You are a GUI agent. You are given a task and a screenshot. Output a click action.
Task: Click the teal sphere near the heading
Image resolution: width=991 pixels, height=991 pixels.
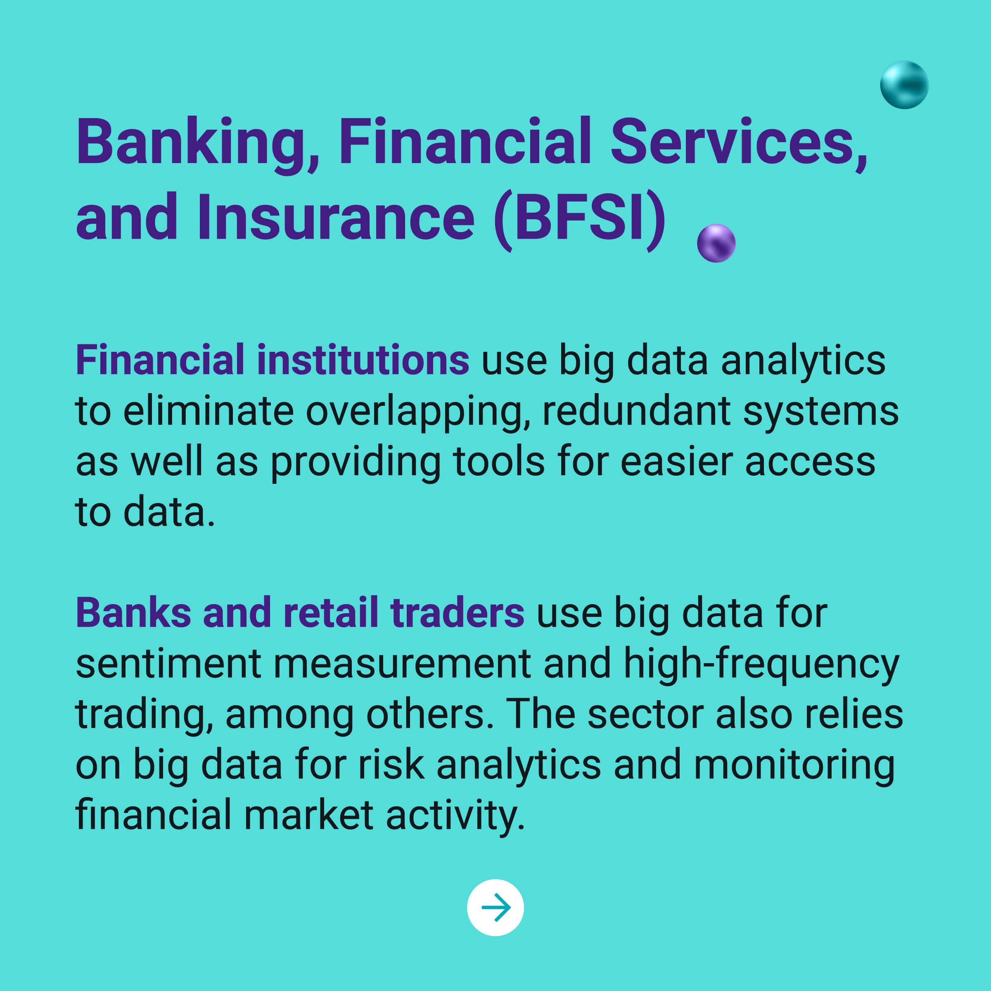coord(904,85)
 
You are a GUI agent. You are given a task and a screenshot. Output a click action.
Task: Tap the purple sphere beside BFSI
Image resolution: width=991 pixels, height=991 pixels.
coord(716,243)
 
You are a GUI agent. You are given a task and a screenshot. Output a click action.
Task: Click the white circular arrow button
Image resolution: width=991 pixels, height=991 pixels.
coord(495,908)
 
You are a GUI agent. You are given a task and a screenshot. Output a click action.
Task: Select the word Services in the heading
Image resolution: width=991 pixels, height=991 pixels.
coord(739,142)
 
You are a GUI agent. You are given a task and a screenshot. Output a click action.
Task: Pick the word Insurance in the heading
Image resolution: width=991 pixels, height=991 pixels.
coord(336,217)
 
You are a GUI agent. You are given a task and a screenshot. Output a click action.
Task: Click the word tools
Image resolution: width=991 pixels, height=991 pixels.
coord(498,462)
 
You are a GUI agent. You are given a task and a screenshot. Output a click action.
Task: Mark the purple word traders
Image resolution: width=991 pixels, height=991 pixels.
coord(457,612)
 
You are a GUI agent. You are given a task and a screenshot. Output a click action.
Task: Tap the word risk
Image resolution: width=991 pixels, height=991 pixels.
coord(391,764)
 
